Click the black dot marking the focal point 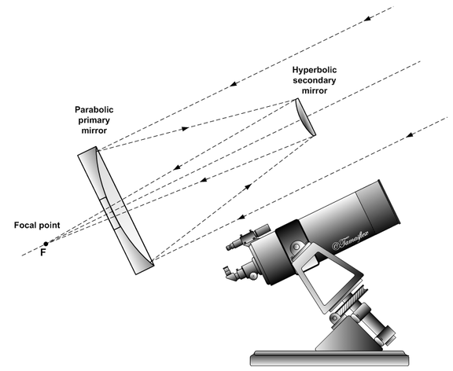pyautogui.click(x=46, y=244)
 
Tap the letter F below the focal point pyautogui.click(x=43, y=255)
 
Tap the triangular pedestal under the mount pyautogui.click(x=347, y=330)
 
